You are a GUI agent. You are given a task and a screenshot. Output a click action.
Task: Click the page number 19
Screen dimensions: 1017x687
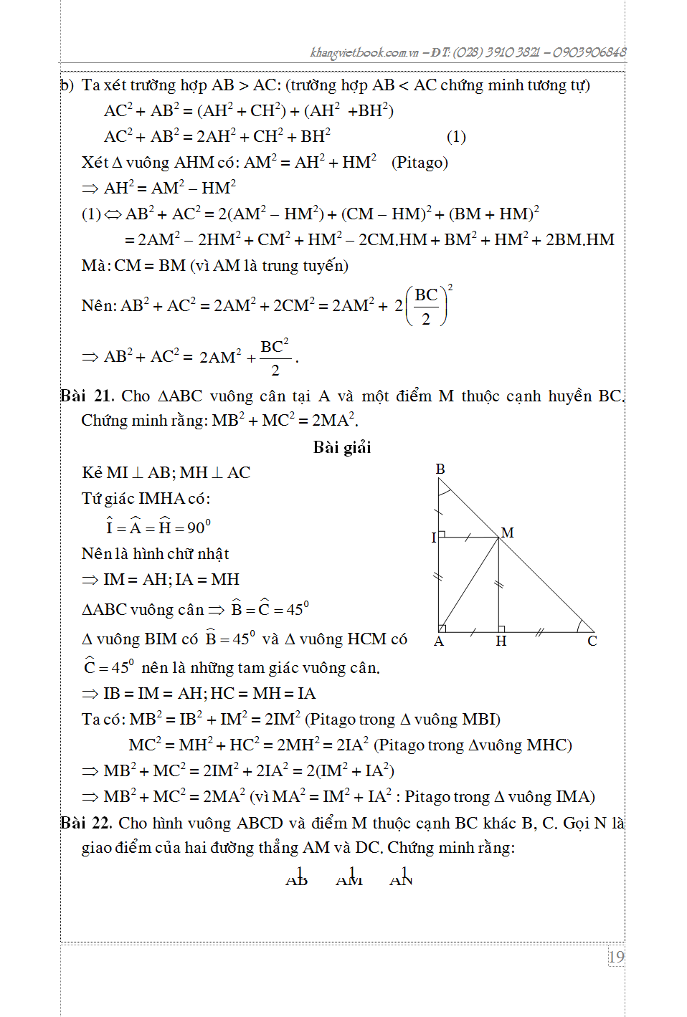616,957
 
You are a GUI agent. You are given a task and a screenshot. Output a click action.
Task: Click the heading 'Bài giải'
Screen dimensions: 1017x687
342,448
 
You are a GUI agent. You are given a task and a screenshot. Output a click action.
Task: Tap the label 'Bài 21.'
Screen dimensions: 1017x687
83,396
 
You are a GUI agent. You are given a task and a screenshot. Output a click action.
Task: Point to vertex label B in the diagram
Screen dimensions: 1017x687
440,469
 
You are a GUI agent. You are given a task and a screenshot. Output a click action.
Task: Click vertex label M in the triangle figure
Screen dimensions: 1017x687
508,533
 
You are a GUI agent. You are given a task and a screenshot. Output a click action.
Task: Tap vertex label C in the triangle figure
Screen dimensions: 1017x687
592,641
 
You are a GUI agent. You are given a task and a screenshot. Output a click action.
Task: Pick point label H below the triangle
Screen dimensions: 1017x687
501,641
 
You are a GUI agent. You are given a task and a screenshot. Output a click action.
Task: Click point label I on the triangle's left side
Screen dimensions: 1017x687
433,538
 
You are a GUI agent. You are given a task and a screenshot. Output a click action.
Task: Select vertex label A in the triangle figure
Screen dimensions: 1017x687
439,641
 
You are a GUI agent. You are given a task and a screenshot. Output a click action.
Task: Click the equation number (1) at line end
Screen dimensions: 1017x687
456,137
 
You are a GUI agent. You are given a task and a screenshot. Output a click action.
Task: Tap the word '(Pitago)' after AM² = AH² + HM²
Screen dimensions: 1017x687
420,163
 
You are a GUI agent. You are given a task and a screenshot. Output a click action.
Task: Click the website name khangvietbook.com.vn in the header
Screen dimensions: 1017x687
364,52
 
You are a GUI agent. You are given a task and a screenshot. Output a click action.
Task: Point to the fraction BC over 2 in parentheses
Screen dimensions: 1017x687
426,307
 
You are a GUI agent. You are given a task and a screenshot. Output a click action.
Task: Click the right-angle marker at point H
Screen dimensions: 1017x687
502,629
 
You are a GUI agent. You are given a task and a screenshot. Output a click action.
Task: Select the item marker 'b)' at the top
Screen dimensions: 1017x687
67,85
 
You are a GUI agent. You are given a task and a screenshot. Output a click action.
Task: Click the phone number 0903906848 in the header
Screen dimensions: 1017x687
589,52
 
